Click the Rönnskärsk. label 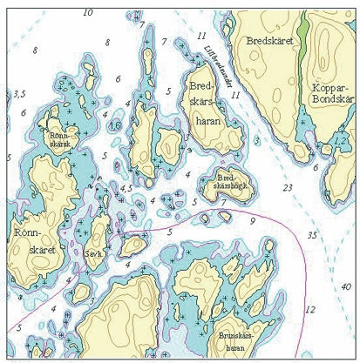click(60, 140)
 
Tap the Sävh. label click(94, 254)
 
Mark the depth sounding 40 click(346, 286)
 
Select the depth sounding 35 click(311, 235)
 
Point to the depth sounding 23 click(288, 187)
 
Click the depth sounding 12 click(309, 309)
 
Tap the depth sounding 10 click(87, 12)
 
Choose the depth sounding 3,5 click(19, 93)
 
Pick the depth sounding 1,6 click(115, 125)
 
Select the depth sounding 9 click(252, 221)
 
